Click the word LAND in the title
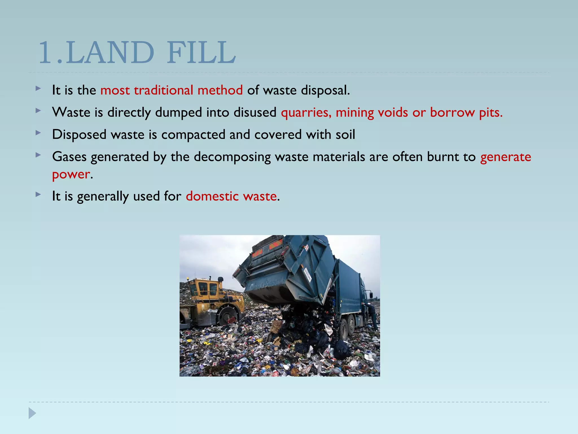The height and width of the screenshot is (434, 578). tap(111, 53)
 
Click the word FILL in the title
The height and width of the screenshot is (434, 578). tap(201, 53)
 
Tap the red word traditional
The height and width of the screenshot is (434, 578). tap(163, 90)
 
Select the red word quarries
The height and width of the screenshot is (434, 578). tap(306, 113)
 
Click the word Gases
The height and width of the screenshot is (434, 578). tap(69, 157)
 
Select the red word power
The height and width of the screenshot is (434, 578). tap(71, 174)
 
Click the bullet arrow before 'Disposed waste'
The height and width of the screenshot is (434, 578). tap(38, 133)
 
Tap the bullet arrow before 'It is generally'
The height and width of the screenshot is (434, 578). tap(38, 194)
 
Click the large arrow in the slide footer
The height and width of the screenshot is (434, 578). tap(32, 413)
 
